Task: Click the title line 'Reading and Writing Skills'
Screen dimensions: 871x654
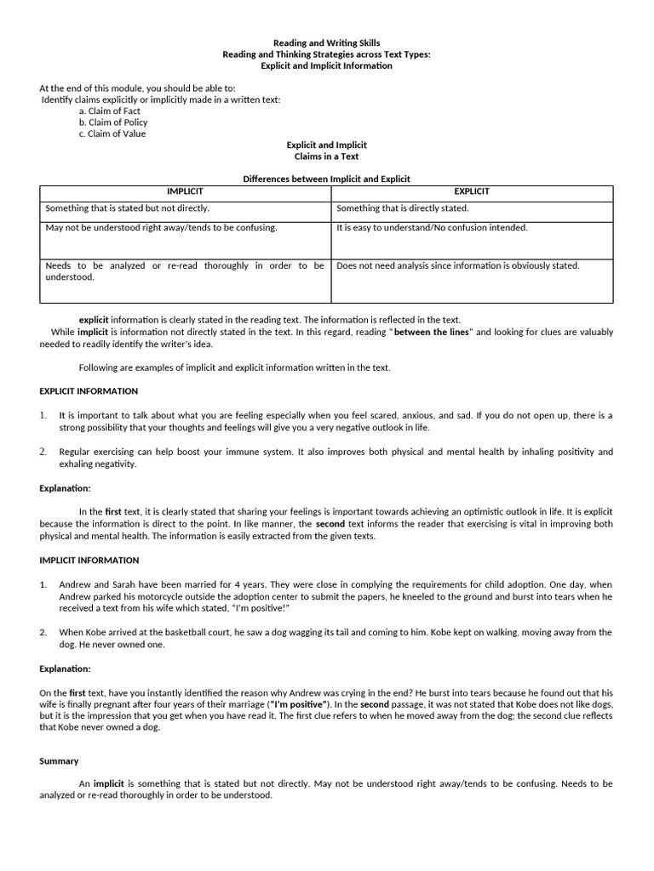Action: coord(326,43)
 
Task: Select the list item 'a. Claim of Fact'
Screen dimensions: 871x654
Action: coord(109,111)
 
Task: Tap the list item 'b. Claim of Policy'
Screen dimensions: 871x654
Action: coord(112,122)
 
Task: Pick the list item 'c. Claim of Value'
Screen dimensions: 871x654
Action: coord(112,134)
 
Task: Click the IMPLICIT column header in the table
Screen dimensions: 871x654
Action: coord(185,191)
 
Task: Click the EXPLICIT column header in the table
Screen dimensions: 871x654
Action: coord(471,191)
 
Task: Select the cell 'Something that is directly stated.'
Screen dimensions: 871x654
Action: coord(403,208)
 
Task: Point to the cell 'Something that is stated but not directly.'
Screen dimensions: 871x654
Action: coord(128,208)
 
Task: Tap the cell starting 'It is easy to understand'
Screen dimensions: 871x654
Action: coord(432,228)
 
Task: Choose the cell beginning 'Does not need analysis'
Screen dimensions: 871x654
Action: coord(457,265)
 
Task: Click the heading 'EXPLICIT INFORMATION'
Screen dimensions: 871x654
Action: coord(89,391)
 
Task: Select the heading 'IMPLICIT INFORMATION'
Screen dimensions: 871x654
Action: coord(89,561)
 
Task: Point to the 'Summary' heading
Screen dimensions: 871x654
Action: coord(59,761)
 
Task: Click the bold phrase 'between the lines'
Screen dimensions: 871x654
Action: coord(432,332)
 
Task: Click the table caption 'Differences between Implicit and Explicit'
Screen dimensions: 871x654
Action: coord(326,179)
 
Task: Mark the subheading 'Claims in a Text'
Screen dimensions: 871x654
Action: coord(326,157)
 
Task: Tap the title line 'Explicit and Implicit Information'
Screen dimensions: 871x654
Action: coord(326,65)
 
